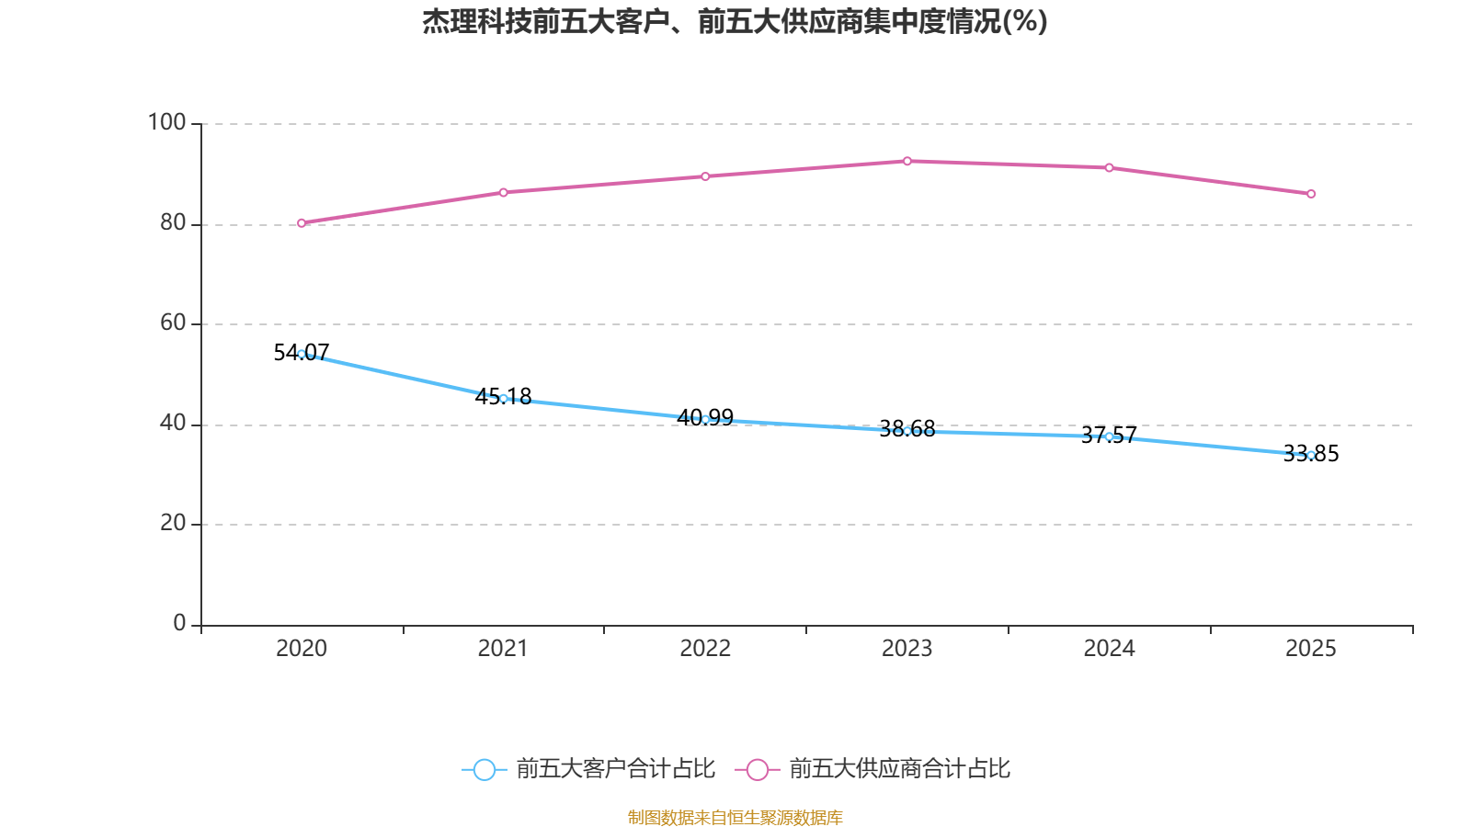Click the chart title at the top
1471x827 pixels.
tap(735, 21)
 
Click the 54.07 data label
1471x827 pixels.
tap(302, 353)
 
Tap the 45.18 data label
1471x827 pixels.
tap(503, 396)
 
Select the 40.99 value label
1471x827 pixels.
tap(705, 417)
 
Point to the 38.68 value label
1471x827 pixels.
tap(907, 428)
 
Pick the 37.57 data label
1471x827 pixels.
tap(1109, 435)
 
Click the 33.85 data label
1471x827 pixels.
tap(1311, 454)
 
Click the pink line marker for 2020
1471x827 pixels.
tap(302, 223)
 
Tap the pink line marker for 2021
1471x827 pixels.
tap(503, 192)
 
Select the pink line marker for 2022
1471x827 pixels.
tap(705, 176)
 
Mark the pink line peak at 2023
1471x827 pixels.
tap(907, 161)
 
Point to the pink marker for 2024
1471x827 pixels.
tap(1109, 168)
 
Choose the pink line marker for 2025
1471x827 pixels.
tap(1311, 194)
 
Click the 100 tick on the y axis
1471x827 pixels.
tap(166, 123)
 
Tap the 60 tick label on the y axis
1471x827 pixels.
tap(174, 323)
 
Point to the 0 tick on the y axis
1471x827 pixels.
tap(179, 623)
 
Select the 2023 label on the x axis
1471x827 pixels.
tap(907, 649)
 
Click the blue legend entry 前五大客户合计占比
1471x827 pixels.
tap(588, 768)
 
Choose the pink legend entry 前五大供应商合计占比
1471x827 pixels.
tap(872, 768)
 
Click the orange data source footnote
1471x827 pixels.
tap(735, 817)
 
